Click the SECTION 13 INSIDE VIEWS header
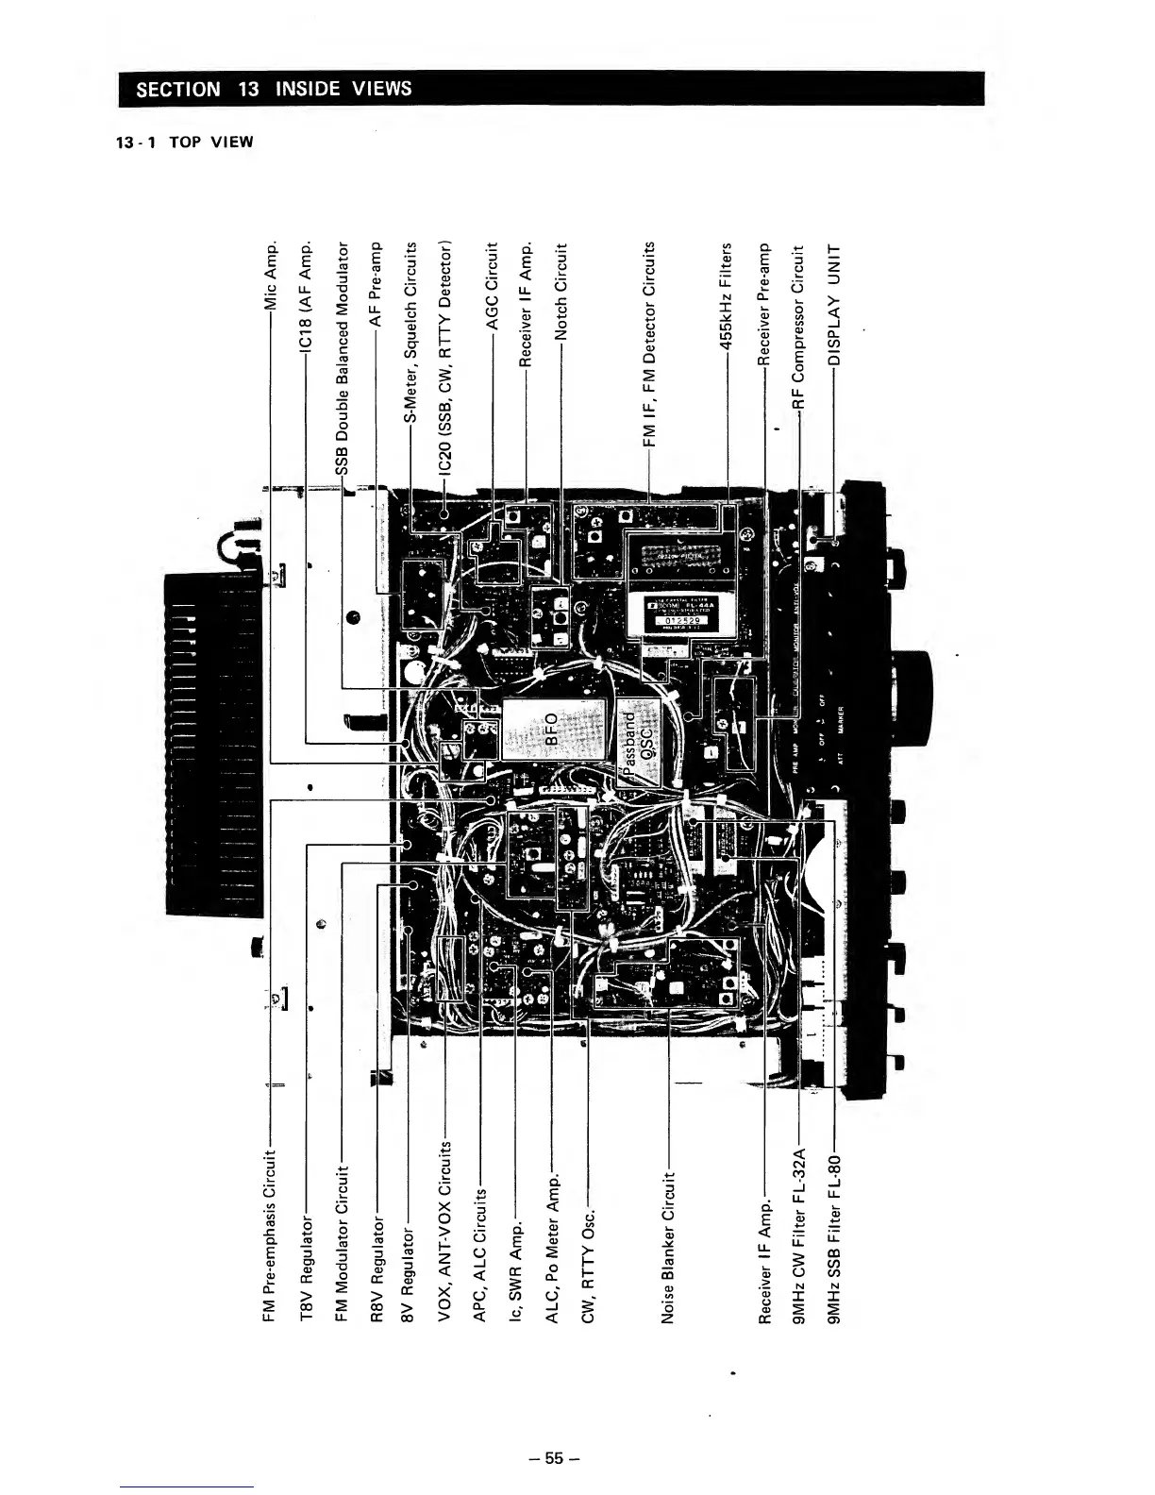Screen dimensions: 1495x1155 pyautogui.click(x=275, y=89)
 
